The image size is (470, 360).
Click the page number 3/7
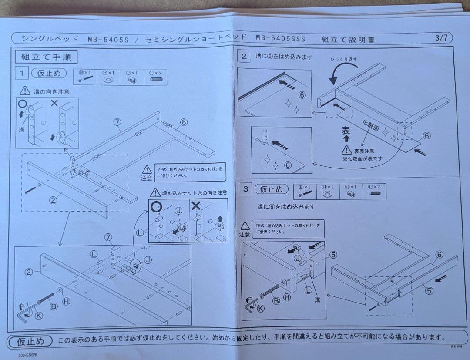[x=441, y=37]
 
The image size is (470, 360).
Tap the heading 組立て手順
[x=46, y=57]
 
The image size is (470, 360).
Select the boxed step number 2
[x=244, y=56]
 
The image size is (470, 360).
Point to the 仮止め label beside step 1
[x=49, y=73]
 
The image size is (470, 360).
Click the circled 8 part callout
[x=184, y=122]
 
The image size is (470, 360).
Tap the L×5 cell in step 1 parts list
[x=155, y=77]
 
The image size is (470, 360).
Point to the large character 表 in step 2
[x=346, y=131]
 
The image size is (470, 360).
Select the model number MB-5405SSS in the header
[x=281, y=38]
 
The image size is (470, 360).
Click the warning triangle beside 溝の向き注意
[x=25, y=91]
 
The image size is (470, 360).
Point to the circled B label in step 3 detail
[x=275, y=301]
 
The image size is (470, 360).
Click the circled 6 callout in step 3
[x=439, y=254]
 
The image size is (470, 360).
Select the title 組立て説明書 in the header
[x=348, y=39]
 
